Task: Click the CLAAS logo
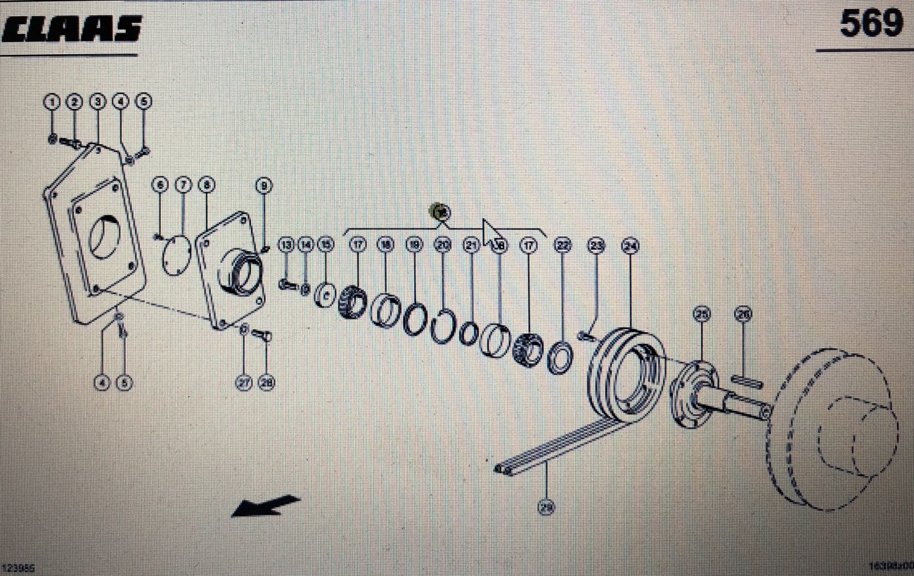coord(72,30)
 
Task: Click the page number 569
coord(871,25)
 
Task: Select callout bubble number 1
coord(51,102)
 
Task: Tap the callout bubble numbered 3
coord(98,102)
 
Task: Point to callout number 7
coord(183,185)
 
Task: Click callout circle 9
coord(264,186)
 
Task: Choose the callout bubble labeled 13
coord(285,245)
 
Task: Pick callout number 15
coord(325,245)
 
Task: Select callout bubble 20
coord(442,245)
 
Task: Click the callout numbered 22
coord(562,245)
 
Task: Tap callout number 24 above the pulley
coord(629,245)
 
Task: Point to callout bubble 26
coord(743,314)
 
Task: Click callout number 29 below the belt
coord(546,506)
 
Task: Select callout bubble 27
coord(244,383)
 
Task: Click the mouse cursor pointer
coord(491,233)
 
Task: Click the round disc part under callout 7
coord(176,255)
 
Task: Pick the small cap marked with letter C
coord(326,294)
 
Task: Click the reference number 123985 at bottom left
coord(18,567)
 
